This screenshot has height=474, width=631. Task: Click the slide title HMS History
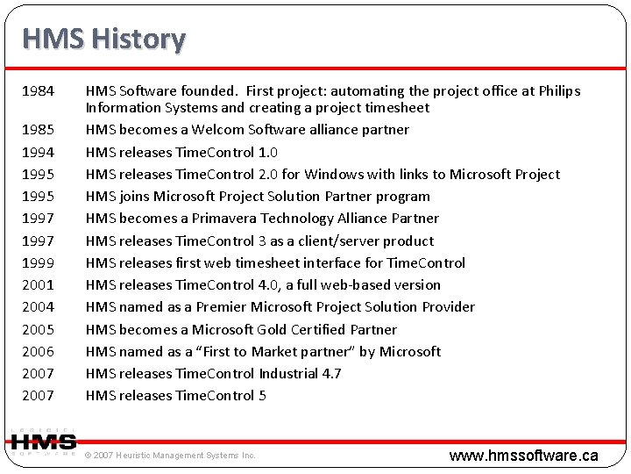tap(103, 39)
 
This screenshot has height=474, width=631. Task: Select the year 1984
tap(38, 91)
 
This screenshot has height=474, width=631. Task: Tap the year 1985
tap(38, 130)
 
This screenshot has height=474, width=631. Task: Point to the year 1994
tap(38, 153)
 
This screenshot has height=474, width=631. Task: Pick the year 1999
tap(38, 263)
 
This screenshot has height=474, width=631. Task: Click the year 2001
tap(38, 285)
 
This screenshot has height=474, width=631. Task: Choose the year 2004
tap(38, 307)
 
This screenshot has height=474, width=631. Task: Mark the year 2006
tap(38, 352)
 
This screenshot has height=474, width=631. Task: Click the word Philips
tap(558, 91)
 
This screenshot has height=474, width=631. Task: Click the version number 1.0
tap(266, 153)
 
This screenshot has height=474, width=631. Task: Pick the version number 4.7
tap(330, 374)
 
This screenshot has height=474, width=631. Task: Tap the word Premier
tap(223, 307)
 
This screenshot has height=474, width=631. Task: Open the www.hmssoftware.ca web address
tap(523, 455)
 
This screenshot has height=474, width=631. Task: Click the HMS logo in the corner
tap(43, 442)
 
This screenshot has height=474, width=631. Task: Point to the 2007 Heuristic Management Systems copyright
tap(170, 456)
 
